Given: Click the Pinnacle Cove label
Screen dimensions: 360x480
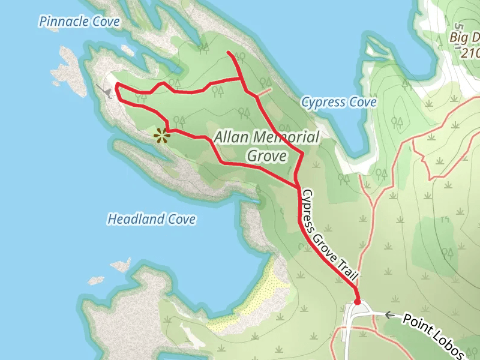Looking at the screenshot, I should coord(79,22).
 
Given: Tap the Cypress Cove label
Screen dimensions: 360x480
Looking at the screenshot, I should coord(338,103).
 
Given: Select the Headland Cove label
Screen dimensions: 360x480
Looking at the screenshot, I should coord(151,220).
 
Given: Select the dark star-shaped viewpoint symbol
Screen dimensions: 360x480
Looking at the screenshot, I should coord(161,136).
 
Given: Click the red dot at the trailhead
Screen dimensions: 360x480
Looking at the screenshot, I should coord(358,301).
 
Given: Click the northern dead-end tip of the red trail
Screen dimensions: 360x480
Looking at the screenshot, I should coord(229,53).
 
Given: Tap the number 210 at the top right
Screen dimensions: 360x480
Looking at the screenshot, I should coord(470,53).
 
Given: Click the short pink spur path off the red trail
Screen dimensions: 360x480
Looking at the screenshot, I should coord(265,92).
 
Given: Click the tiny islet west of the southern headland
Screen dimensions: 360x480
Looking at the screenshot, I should coord(121,264).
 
